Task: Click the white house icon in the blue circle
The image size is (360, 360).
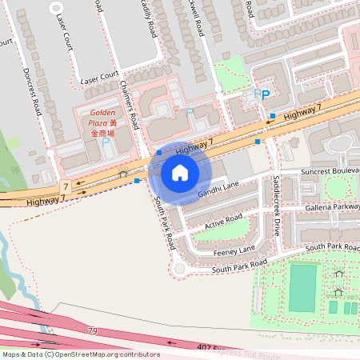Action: point(180,172)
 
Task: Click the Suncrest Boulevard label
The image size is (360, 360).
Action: point(330,171)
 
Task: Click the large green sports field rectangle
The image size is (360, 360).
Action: point(302,288)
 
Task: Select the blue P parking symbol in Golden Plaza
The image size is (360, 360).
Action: point(105,142)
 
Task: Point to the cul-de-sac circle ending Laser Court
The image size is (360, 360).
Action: point(57,6)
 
